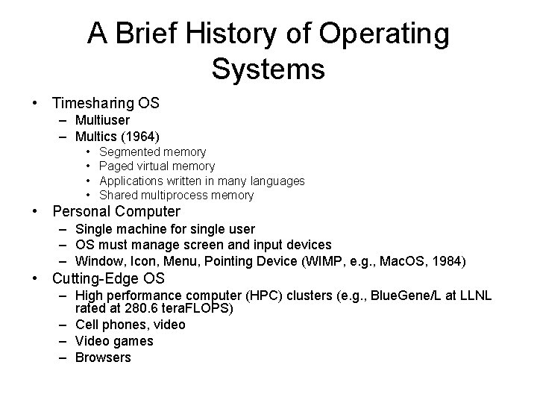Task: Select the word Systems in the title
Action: tap(268, 69)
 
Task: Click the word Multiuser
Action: tap(102, 120)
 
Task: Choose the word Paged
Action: tap(114, 166)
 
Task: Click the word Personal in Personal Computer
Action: tap(82, 212)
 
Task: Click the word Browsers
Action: tap(102, 357)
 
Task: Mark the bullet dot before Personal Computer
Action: tap(35, 212)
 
